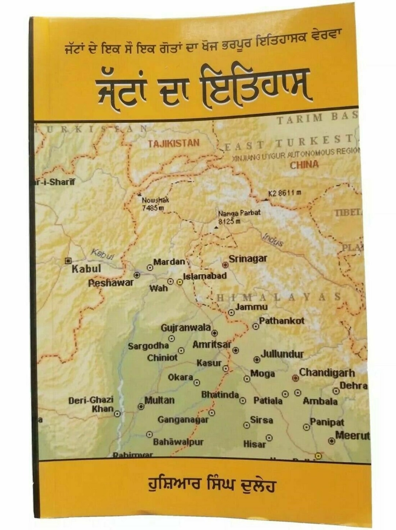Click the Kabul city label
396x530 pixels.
[x=86, y=268]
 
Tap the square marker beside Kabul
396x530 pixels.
[x=67, y=261]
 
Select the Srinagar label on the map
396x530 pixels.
[x=248, y=259]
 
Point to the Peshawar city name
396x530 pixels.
[x=111, y=283]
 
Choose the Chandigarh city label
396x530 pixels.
[x=327, y=373]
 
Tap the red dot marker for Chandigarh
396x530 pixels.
[x=295, y=378]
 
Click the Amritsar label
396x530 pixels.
[x=212, y=345]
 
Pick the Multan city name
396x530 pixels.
[x=159, y=400]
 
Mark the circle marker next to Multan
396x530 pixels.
[x=141, y=406]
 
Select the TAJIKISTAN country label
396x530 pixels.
[x=173, y=143]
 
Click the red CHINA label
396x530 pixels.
[x=304, y=164]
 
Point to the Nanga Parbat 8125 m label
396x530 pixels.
[x=234, y=217]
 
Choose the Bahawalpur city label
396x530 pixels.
[x=178, y=442]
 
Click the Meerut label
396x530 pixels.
[x=352, y=436]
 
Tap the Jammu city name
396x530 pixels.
[x=251, y=306]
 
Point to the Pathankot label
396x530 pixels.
[x=281, y=321]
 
